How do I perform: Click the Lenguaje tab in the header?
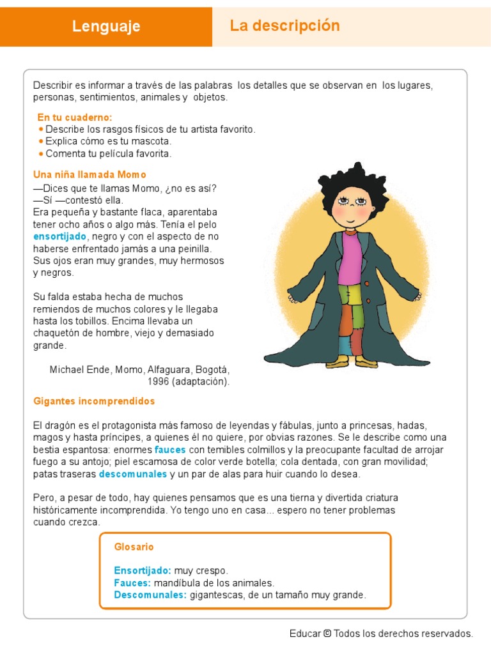point(106,26)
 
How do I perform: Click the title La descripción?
point(284,26)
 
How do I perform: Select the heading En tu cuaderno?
point(75,118)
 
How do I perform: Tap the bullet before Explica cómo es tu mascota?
point(41,141)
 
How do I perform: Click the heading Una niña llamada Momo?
point(90,174)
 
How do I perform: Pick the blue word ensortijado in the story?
point(60,236)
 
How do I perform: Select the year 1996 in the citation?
point(157,382)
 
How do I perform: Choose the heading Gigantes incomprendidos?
point(94,402)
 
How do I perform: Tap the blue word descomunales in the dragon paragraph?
point(133,474)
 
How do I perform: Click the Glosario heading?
point(134,547)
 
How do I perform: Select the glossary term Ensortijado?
point(143,570)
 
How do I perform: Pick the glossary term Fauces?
point(132,582)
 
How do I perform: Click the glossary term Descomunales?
point(150,595)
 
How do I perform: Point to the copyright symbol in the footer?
point(327,634)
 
